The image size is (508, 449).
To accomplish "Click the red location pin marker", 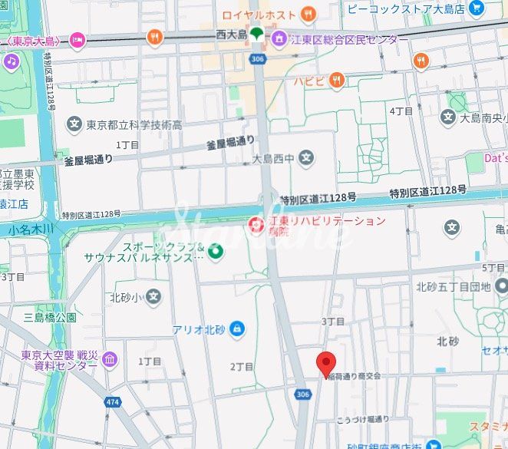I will pyautogui.click(x=327, y=364).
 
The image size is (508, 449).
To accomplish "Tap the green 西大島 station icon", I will pyautogui.click(x=256, y=35).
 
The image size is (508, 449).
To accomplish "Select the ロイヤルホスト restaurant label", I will pyautogui.click(x=259, y=14).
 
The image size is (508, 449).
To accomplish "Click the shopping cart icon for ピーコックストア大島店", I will pyautogui.click(x=477, y=8).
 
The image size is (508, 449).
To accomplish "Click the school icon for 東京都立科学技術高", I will pyautogui.click(x=74, y=124).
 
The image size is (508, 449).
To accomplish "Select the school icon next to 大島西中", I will pyautogui.click(x=306, y=159).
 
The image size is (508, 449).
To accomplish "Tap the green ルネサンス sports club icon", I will pyautogui.click(x=216, y=251).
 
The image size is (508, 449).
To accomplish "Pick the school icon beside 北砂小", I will pyautogui.click(x=153, y=296).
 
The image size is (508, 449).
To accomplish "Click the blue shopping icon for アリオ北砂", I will pyautogui.click(x=236, y=329).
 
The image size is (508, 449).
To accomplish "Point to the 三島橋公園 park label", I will pyautogui.click(x=50, y=317).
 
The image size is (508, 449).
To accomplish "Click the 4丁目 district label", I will pyautogui.click(x=401, y=111).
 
